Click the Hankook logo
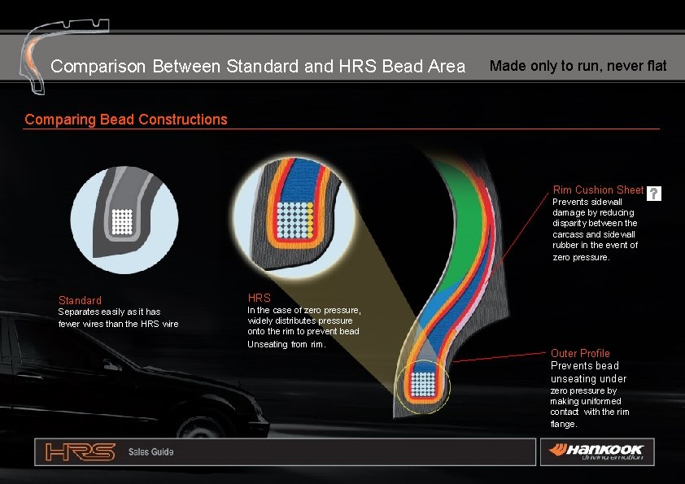click(x=597, y=450)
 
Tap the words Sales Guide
click(x=151, y=451)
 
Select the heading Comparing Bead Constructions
click(x=126, y=120)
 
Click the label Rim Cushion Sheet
click(x=598, y=190)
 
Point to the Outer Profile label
click(x=580, y=353)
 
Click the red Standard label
click(x=80, y=300)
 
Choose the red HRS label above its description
click(x=258, y=298)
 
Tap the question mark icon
click(x=654, y=194)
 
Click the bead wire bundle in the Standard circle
click(x=122, y=220)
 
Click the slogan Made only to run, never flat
click(x=578, y=66)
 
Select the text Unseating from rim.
click(x=286, y=344)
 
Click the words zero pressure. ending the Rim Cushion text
click(x=580, y=257)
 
